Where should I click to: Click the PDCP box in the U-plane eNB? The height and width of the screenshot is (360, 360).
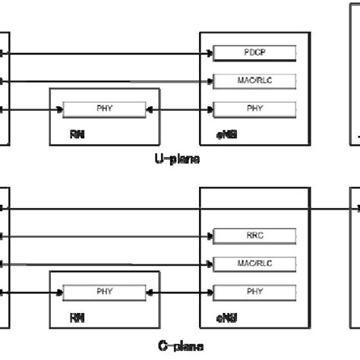pos(254,54)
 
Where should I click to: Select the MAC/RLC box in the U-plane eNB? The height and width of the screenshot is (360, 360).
pos(254,81)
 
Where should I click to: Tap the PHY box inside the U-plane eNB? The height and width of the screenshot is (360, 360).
pos(254,109)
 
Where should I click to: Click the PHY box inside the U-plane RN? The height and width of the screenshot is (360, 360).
pos(104,109)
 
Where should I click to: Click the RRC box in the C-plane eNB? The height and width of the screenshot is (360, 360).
pos(254,235)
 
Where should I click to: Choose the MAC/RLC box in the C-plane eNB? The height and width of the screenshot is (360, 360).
pos(254,263)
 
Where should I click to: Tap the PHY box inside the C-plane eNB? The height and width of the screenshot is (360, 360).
pos(254,291)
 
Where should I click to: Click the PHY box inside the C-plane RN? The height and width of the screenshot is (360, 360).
pos(104,291)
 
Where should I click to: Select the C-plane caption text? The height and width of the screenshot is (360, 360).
pos(180,346)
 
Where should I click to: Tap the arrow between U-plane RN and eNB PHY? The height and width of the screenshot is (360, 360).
pos(178,109)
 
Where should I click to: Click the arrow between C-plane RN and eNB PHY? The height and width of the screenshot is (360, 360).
pos(178,291)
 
